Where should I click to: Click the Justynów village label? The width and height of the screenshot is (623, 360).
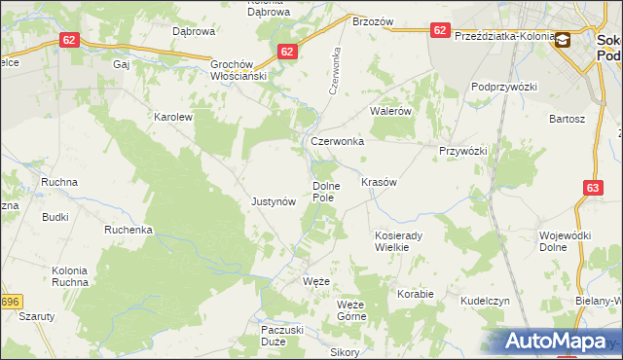pos(273,201)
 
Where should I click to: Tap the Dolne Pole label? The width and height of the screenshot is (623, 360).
pos(324,191)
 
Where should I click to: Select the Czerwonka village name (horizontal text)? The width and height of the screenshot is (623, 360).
pos(337,141)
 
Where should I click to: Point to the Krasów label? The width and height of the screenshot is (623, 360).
pos(379,182)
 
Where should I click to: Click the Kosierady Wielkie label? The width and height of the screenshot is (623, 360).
pos(397,241)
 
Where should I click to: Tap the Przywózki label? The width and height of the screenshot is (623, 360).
pos(462,151)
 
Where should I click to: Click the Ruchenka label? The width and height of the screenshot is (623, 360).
pos(129,231)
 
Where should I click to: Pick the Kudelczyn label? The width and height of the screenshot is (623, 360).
pos(486,302)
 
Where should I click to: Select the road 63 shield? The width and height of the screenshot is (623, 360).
pos(594,187)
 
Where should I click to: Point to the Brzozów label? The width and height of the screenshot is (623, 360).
pos(372,20)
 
